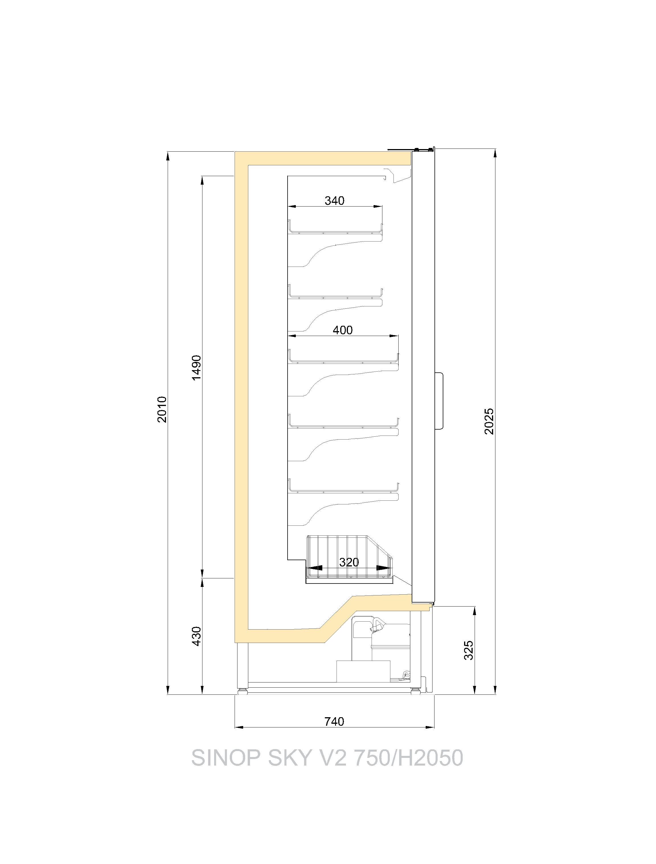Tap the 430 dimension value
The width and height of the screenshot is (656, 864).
[197, 636]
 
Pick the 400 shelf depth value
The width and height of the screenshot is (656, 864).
[343, 330]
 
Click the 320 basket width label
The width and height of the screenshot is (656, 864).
[349, 562]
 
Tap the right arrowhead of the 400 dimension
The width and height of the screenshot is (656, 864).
[394, 335]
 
